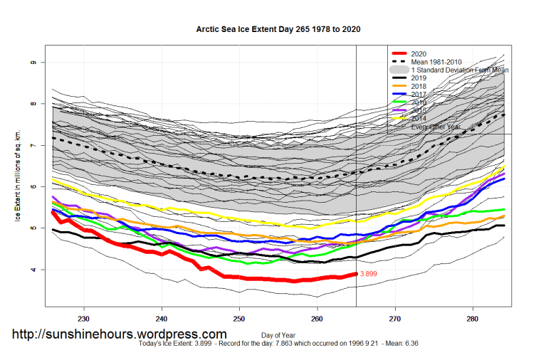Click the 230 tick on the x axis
click(x=84, y=318)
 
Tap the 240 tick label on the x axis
click(x=162, y=318)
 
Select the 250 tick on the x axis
click(x=239, y=318)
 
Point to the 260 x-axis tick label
click(x=317, y=318)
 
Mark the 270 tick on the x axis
click(x=395, y=318)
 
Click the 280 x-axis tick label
click(x=473, y=318)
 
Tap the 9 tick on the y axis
click(x=33, y=63)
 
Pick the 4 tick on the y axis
click(x=33, y=270)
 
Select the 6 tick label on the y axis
click(x=33, y=187)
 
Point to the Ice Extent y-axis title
click(x=15, y=177)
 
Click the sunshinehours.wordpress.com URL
click(x=120, y=334)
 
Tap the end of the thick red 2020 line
click(x=355, y=275)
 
